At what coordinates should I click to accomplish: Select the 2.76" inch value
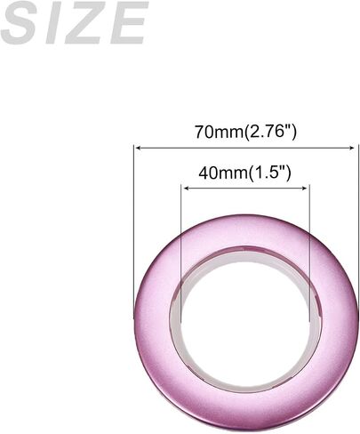point(270,132)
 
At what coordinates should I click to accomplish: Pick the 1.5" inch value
point(269,173)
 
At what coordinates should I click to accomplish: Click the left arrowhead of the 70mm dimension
point(138,148)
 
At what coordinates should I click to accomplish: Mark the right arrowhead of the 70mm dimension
point(351,148)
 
